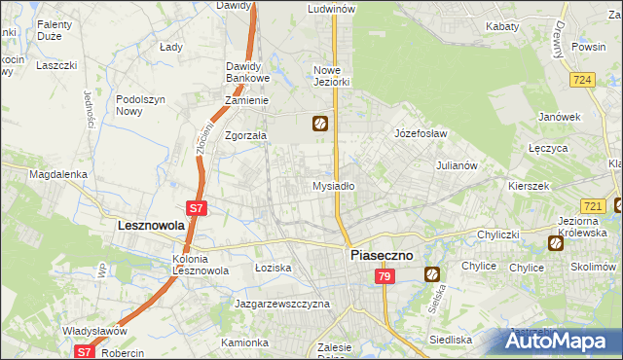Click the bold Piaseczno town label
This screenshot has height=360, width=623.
[382, 255]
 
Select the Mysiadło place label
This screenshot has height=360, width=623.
[333, 186]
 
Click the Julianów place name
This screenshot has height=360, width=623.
[457, 165]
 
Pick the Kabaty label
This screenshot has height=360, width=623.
[502, 27]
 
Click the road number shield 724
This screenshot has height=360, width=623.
[583, 79]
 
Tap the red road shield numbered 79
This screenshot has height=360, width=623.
[385, 277]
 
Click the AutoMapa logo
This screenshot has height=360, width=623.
[562, 342]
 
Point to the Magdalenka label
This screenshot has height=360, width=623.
[58, 174]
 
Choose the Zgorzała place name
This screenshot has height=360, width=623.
[246, 136]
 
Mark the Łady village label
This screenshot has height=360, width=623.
[171, 46]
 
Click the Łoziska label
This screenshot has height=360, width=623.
[274, 267]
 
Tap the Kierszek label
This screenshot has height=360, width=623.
[529, 185]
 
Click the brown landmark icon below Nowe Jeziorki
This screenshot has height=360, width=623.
[319, 124]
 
